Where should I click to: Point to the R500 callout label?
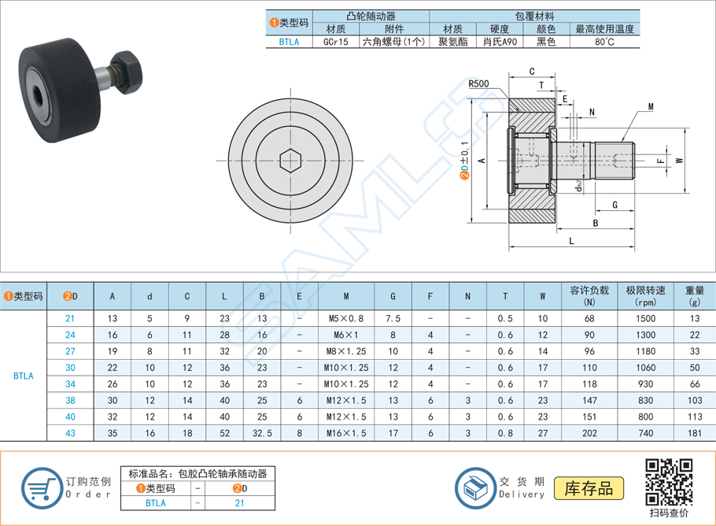pyautogui.click(x=478, y=83)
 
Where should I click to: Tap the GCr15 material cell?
pyautogui.click(x=336, y=42)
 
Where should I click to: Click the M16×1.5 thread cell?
pyautogui.click(x=347, y=433)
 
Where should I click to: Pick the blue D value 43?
pyautogui.click(x=71, y=433)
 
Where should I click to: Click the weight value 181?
pyautogui.click(x=694, y=433)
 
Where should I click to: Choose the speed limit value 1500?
pyautogui.click(x=646, y=318)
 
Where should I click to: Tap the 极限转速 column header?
pyautogui.click(x=646, y=295)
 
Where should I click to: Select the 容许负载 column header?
pyautogui.click(x=589, y=295)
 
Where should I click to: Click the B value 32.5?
pyautogui.click(x=262, y=433)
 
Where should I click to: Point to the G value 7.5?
pyautogui.click(x=393, y=318)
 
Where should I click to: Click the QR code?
pyautogui.click(x=668, y=482)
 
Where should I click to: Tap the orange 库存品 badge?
pyautogui.click(x=589, y=487)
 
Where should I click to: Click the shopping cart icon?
pyautogui.click(x=41, y=488)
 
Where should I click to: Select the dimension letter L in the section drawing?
pyautogui.click(x=570, y=241)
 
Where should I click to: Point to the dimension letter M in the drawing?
pyautogui.click(x=651, y=106)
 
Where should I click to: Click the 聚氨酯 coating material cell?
pyautogui.click(x=455, y=42)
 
